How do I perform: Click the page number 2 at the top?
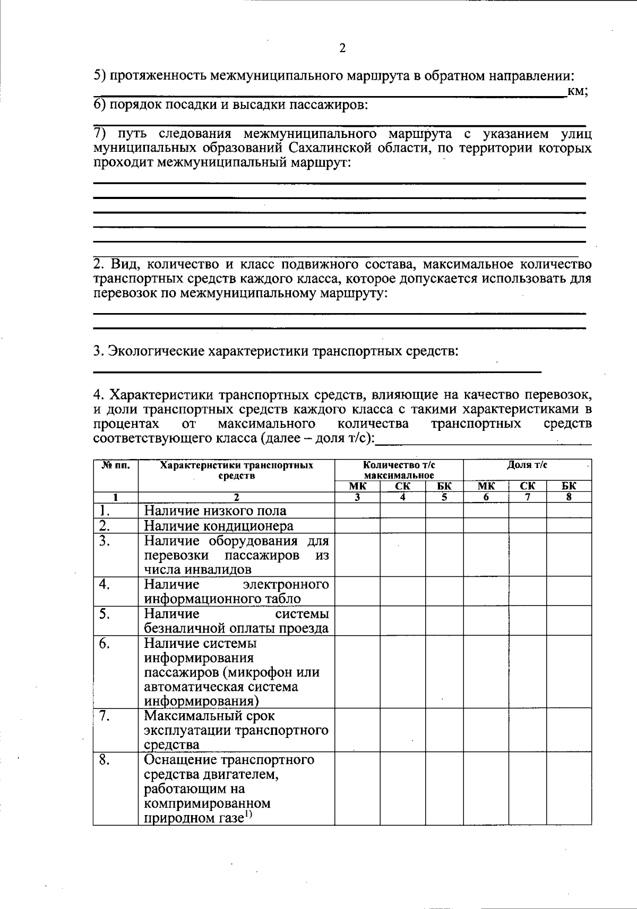click(x=342, y=48)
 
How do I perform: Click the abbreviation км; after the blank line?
click(x=577, y=91)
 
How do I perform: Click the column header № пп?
click(x=115, y=465)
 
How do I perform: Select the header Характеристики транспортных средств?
click(x=237, y=470)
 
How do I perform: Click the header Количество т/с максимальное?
click(x=399, y=470)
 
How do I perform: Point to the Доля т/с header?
click(x=527, y=465)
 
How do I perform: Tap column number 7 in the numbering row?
click(x=528, y=497)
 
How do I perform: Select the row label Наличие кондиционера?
click(x=219, y=526)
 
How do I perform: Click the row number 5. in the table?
click(x=105, y=614)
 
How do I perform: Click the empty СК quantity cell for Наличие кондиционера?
click(x=402, y=526)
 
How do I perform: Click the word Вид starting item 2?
click(x=123, y=264)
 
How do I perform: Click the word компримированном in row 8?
click(x=207, y=803)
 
